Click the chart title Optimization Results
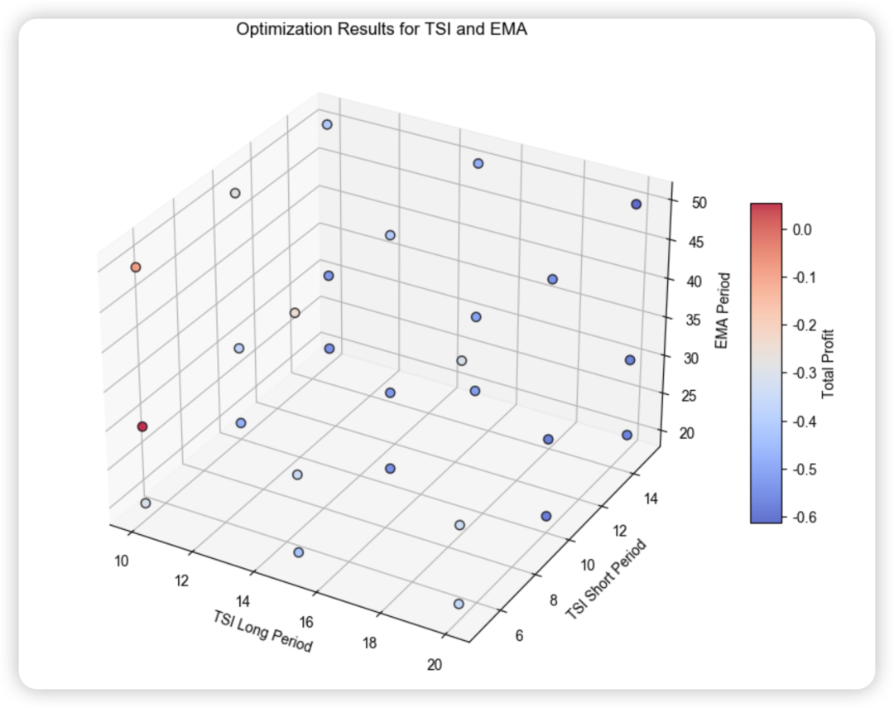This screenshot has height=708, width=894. click(382, 30)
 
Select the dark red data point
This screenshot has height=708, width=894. click(142, 426)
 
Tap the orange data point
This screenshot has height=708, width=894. click(136, 267)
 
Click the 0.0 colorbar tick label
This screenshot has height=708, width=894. click(801, 229)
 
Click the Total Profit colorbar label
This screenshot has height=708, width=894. click(828, 364)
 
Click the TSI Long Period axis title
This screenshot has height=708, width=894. click(262, 631)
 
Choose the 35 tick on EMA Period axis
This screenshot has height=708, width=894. click(685, 320)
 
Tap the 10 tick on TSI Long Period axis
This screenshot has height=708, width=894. click(122, 562)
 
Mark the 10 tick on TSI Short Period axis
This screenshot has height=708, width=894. click(588, 565)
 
